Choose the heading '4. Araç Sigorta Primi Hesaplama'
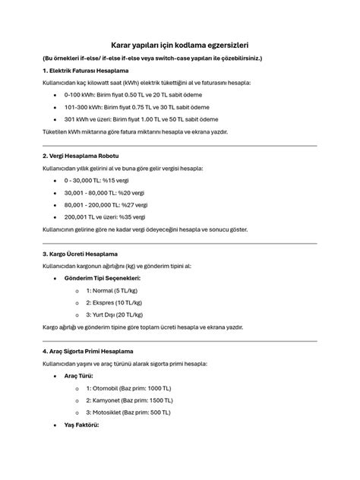tap(87, 352)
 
